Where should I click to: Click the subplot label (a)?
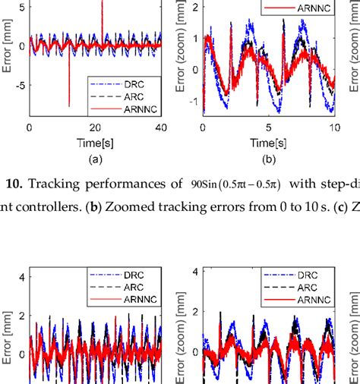[95, 159]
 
